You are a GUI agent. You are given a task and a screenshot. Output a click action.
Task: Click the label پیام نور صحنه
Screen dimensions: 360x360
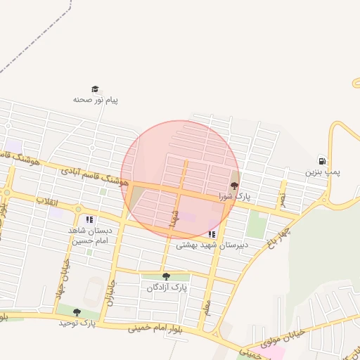[x=96, y=100]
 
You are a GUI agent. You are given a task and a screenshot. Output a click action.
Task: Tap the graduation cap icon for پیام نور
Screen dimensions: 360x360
[x=95, y=89]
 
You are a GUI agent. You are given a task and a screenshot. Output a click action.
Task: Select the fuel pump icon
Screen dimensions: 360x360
[x=322, y=161]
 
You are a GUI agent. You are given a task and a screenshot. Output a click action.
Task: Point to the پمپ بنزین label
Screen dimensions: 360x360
[x=322, y=172]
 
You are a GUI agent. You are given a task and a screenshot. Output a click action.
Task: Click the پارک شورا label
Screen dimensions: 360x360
[x=234, y=196]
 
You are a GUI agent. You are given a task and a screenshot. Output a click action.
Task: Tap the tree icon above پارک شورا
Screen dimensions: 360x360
[x=234, y=186]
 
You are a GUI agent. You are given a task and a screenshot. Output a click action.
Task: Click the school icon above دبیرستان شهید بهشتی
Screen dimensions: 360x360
[x=212, y=234]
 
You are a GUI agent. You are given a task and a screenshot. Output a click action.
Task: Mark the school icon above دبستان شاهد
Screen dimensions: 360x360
[x=89, y=220]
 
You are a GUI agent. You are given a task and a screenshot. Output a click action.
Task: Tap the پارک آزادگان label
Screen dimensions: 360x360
[x=167, y=288]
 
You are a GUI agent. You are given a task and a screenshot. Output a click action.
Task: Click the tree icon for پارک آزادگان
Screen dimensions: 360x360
[x=166, y=276]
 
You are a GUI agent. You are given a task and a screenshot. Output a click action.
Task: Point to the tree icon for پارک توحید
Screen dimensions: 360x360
[x=77, y=312]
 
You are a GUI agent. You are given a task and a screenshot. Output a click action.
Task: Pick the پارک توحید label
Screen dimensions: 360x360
[x=77, y=323]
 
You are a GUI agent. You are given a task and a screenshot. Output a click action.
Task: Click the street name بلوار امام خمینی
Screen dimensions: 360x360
[x=157, y=328]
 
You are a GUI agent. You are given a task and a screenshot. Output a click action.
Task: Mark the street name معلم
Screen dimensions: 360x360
[x=207, y=307]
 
